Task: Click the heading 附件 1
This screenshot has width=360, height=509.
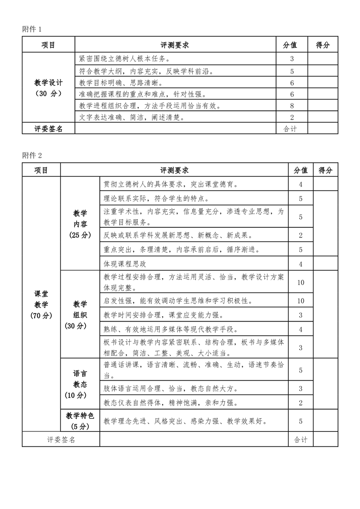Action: tap(32, 29)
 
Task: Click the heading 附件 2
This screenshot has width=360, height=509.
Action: tap(32, 155)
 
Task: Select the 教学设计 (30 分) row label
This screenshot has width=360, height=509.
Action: tap(48, 88)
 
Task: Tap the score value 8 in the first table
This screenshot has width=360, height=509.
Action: tap(292, 106)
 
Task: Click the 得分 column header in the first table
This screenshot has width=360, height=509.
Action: tap(322, 45)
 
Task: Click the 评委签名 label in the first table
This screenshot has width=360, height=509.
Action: tap(48, 129)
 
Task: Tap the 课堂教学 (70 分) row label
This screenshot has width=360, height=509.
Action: tap(41, 304)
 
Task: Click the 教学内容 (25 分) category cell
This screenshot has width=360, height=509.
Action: tap(80, 224)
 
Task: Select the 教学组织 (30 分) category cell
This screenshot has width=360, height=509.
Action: tap(80, 315)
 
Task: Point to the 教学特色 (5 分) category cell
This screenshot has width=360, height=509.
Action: tap(80, 421)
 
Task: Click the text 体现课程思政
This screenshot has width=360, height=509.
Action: tap(125, 264)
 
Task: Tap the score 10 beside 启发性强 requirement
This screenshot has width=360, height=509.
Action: tap(300, 301)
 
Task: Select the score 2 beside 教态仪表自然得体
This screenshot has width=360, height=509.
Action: tap(300, 402)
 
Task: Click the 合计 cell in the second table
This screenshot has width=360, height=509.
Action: tap(300, 440)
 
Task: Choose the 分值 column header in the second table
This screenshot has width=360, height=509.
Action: tap(300, 170)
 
